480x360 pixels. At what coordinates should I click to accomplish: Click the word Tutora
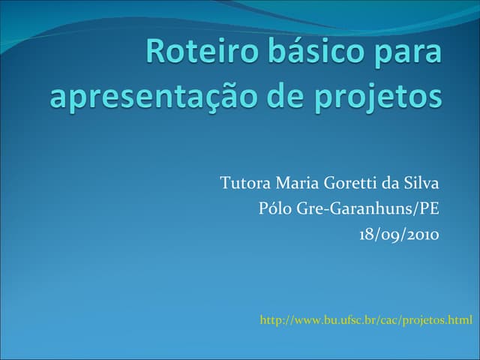click(x=246, y=183)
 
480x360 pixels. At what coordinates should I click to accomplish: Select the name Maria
click(x=298, y=183)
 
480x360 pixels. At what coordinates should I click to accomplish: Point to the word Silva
click(x=422, y=183)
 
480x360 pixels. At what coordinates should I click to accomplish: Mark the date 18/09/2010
click(x=398, y=234)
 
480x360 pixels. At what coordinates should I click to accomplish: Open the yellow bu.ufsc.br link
click(x=366, y=321)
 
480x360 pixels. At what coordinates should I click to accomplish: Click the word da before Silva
click(x=394, y=183)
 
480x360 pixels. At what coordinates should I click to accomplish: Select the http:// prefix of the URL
click(x=275, y=321)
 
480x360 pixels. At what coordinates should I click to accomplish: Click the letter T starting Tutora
click(x=225, y=183)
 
